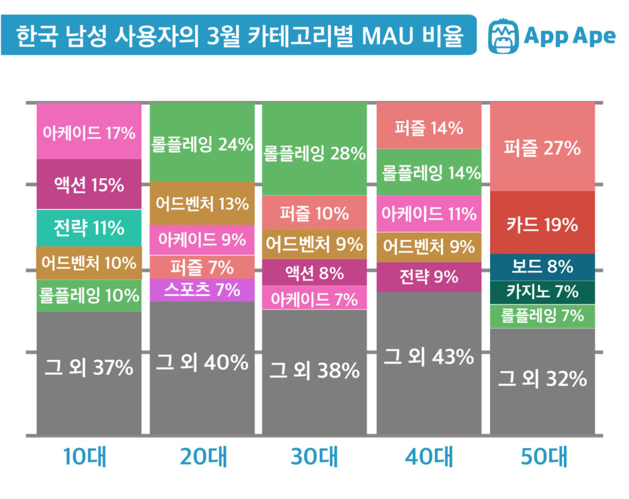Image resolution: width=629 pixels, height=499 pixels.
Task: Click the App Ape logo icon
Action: coord(502,36)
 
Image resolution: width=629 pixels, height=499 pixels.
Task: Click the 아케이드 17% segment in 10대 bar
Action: coord(89,132)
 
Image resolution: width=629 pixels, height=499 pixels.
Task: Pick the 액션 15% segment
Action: coord(89,184)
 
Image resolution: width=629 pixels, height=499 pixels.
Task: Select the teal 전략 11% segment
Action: coord(89,227)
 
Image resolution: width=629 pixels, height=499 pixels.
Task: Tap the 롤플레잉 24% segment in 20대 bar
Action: coord(202,144)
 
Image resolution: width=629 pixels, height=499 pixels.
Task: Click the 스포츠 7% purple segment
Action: coord(202,289)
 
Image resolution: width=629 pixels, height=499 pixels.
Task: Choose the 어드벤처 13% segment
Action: coord(202,203)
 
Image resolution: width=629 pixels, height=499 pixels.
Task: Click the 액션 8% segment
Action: coord(314,272)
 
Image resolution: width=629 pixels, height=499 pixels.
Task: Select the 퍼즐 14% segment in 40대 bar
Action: coord(429,128)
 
